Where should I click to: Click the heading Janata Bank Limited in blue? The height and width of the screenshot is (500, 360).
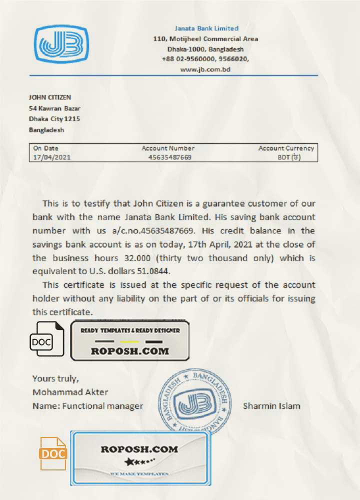pyautogui.click(x=206, y=28)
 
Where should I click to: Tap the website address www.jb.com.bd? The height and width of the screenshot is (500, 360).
pyautogui.click(x=205, y=70)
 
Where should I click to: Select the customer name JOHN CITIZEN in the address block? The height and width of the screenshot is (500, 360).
pyautogui.click(x=50, y=97)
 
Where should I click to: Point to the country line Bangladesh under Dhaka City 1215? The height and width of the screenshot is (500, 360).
pyautogui.click(x=46, y=130)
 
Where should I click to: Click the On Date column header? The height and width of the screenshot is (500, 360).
pyautogui.click(x=45, y=148)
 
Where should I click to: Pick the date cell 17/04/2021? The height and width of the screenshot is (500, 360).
pyautogui.click(x=51, y=157)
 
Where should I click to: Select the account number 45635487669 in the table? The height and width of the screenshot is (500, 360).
pyautogui.click(x=169, y=157)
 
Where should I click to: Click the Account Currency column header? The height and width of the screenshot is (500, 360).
pyautogui.click(x=286, y=148)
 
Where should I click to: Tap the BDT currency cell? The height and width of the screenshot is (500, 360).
pyautogui.click(x=289, y=157)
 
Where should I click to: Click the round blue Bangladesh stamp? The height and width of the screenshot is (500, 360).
pyautogui.click(x=195, y=401)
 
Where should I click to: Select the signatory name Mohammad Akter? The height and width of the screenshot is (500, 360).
pyautogui.click(x=70, y=391)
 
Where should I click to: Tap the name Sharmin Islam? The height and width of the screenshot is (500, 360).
pyautogui.click(x=271, y=405)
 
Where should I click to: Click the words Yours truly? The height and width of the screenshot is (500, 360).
pyautogui.click(x=55, y=378)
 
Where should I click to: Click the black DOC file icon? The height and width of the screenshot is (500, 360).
pyautogui.click(x=47, y=339)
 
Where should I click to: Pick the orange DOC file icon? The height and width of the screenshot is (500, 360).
pyautogui.click(x=53, y=453)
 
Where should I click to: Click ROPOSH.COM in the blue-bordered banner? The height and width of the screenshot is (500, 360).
pyautogui.click(x=139, y=449)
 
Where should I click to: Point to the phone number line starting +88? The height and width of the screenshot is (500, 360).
pyautogui.click(x=205, y=59)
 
